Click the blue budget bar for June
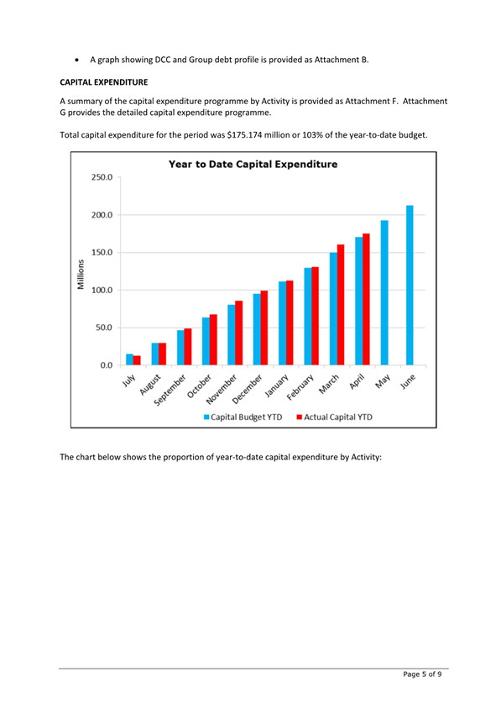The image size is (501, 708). click(x=410, y=285)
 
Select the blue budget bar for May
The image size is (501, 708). click(x=384, y=292)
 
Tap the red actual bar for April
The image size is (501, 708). click(x=366, y=299)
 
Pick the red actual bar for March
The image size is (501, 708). click(x=341, y=304)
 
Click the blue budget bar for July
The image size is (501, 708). click(x=129, y=359)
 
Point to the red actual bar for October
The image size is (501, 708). click(x=213, y=339)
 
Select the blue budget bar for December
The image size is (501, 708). click(x=257, y=329)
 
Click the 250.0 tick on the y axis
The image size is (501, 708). click(x=102, y=177)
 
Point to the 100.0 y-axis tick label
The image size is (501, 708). click(x=102, y=290)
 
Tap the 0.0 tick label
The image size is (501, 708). click(x=107, y=364)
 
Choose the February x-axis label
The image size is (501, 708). click(x=300, y=387)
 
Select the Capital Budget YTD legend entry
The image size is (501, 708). click(x=243, y=417)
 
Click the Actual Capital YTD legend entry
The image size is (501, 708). click(x=335, y=417)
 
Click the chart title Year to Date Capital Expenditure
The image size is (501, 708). click(x=253, y=165)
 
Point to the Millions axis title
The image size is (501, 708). click(x=81, y=274)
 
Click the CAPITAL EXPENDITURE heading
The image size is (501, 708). click(x=104, y=82)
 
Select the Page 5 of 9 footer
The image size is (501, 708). click(x=422, y=674)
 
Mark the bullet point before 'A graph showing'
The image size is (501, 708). click(x=78, y=60)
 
